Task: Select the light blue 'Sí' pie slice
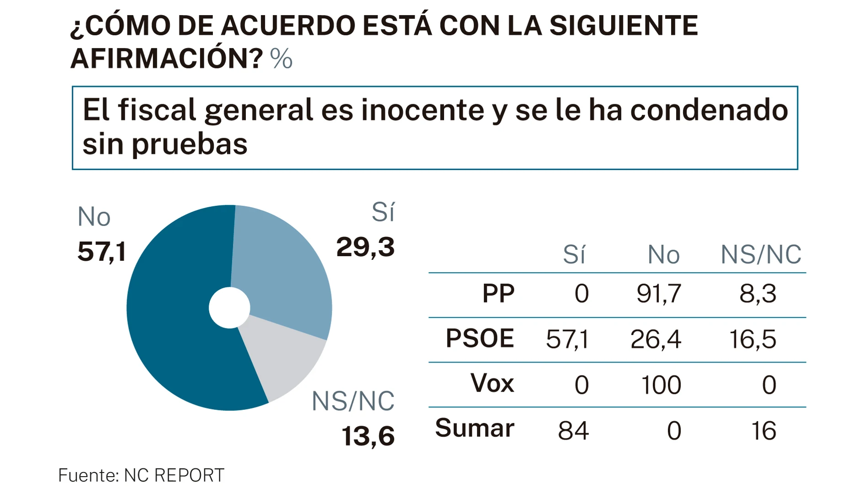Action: [283, 265]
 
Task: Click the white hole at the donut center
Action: [229, 307]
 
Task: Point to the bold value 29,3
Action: [365, 247]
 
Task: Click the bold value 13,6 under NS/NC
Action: [368, 435]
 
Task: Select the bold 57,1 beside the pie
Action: [101, 251]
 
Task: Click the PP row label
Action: [498, 293]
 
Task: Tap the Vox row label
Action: [492, 383]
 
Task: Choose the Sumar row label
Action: [475, 428]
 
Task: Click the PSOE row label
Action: [480, 339]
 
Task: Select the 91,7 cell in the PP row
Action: [658, 293]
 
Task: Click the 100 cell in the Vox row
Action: [661, 385]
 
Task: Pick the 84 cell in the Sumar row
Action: [573, 430]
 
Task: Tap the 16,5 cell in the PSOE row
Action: [752, 339]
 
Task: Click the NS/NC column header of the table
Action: [761, 254]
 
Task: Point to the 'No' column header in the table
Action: [663, 254]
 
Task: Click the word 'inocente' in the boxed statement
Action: [422, 110]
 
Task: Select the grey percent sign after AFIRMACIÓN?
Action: [281, 59]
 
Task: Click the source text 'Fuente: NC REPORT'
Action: [141, 475]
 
